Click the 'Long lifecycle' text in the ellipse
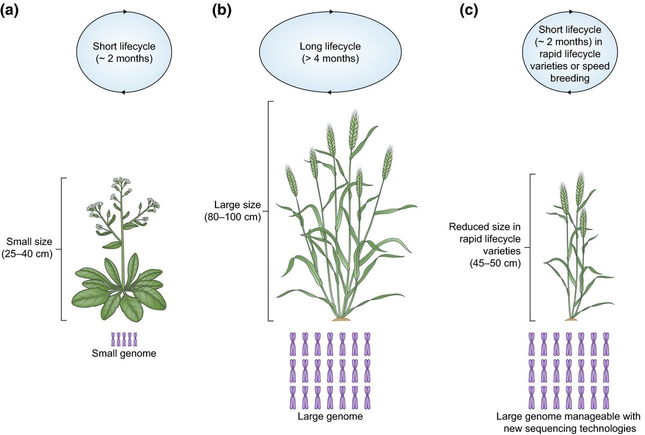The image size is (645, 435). coord(329,48)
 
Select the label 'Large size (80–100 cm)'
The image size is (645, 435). coord(237,211)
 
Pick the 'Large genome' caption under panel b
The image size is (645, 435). coord(330,416)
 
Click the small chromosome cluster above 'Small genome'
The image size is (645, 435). coord(124,339)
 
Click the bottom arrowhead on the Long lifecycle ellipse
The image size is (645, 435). coord(329,92)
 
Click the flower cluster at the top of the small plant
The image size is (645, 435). coord(123,186)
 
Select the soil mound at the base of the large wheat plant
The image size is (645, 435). coord(340,319)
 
